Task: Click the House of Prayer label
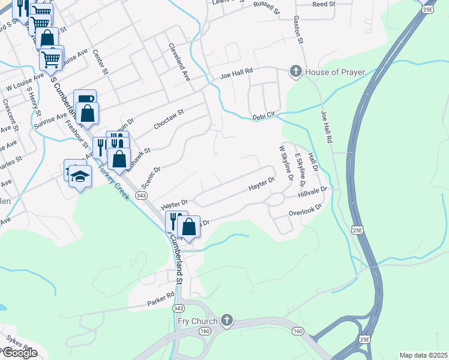(x=335, y=72)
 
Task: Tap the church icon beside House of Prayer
(x=295, y=72)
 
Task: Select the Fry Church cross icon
(x=226, y=320)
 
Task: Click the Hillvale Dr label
(x=312, y=191)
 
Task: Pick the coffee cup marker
(x=83, y=98)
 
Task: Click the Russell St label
(x=267, y=7)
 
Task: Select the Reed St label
(x=324, y=4)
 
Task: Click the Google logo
(x=20, y=353)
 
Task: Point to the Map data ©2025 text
(x=423, y=355)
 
